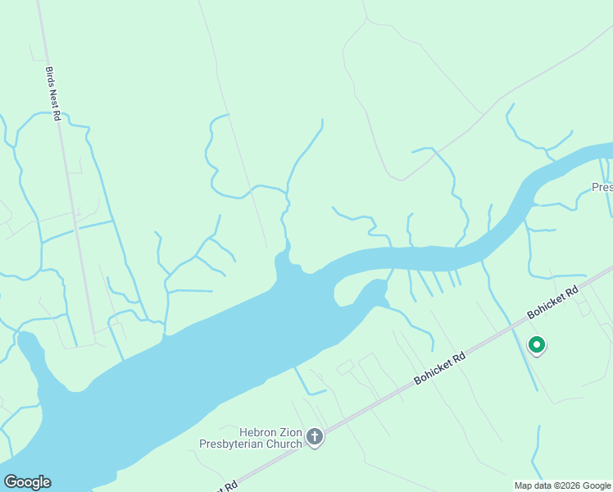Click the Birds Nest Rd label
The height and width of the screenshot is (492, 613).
[52, 94]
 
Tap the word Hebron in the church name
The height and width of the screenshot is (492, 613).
[257, 432]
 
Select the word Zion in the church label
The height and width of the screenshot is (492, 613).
[291, 432]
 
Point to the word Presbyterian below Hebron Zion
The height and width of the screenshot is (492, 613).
[234, 444]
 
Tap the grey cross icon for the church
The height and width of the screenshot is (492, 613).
[316, 439]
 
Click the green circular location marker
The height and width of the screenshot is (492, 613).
[537, 345]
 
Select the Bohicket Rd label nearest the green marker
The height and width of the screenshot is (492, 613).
[553, 302]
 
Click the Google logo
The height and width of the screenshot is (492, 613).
[27, 482]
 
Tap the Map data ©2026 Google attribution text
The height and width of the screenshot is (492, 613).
[563, 485]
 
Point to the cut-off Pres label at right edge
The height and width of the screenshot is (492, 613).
[602, 187]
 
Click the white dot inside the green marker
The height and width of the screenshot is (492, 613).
[537, 344]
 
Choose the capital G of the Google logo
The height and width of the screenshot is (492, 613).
[11, 482]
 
